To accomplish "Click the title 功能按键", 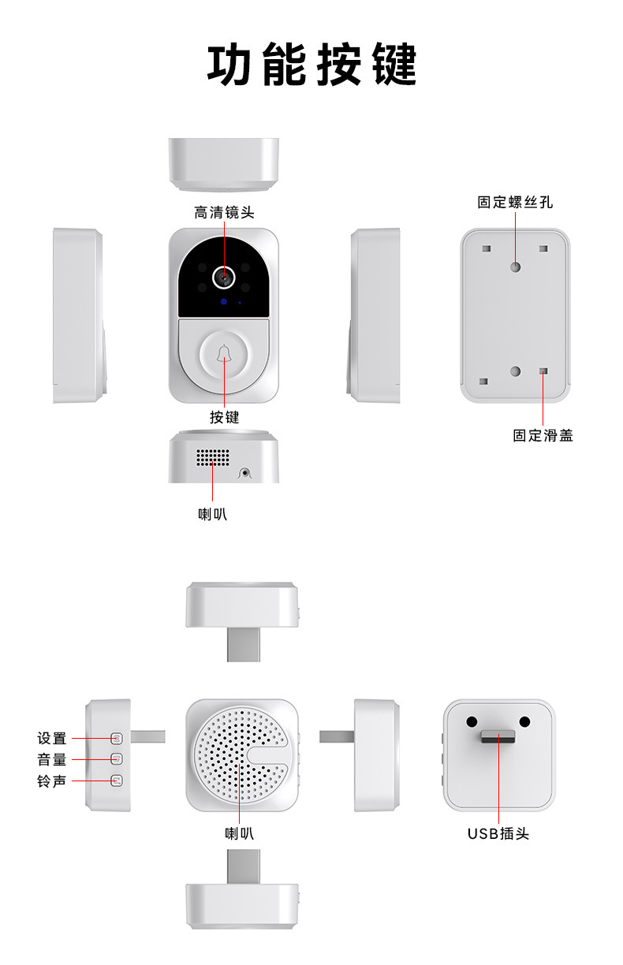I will [311, 65].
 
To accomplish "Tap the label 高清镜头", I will [224, 213].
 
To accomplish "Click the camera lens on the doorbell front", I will [225, 276].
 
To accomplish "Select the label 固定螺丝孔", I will [515, 203].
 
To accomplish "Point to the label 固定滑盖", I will [543, 435].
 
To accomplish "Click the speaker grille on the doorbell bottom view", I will [212, 457].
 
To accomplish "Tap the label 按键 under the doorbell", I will [224, 417].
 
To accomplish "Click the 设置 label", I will [52, 739].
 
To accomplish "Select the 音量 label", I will [52, 760].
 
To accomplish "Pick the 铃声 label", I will [52, 781].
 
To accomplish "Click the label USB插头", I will [498, 833].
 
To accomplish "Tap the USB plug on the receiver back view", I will [498, 736].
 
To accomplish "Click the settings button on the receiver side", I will [117, 739].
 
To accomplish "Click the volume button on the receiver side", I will [117, 760].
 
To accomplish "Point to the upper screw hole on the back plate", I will [515, 266].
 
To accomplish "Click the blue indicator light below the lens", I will [224, 302].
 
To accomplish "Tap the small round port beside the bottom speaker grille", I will [245, 473].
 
